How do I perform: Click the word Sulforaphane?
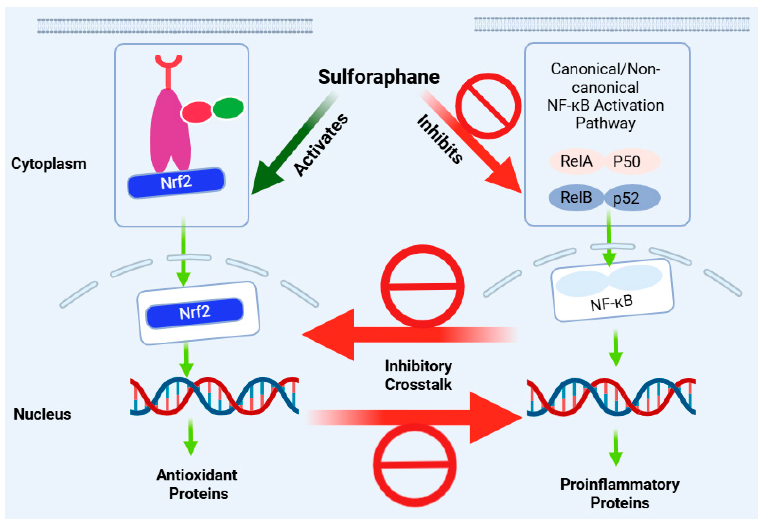pyautogui.click(x=378, y=77)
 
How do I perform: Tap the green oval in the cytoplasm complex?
pyautogui.click(x=228, y=108)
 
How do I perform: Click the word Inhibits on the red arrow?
pyautogui.click(x=440, y=139)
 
